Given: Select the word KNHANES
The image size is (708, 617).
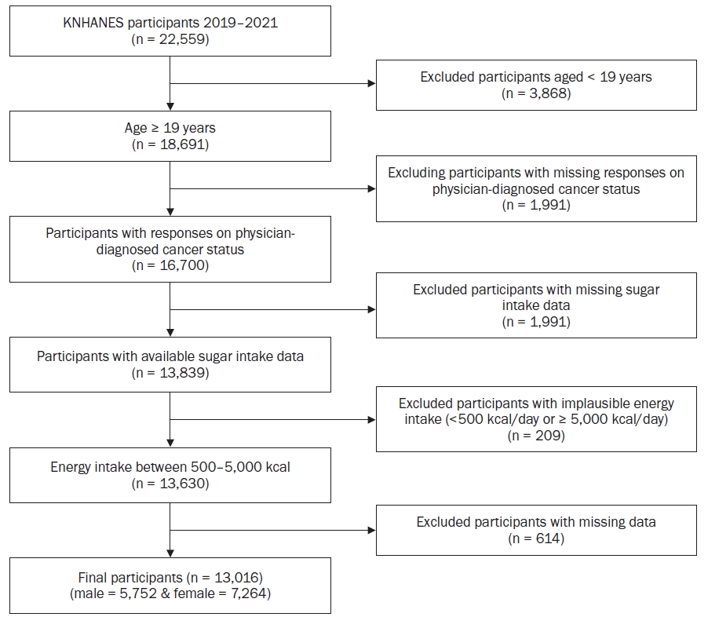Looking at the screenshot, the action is pos(93,23).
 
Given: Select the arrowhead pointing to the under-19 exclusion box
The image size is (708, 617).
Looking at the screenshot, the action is pos(371,83).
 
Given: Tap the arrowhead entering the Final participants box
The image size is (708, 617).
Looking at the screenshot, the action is pos(170,553).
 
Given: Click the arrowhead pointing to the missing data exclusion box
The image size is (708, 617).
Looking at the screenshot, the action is pos(371,531).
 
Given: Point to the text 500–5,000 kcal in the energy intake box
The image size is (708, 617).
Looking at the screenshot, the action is pos(240,467).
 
